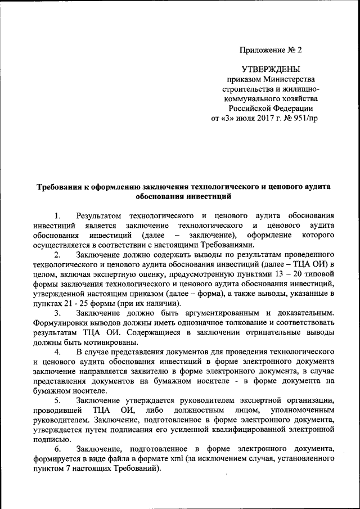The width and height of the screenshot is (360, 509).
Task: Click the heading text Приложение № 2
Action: click(271, 49)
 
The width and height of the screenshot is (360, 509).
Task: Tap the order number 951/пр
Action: click(303, 119)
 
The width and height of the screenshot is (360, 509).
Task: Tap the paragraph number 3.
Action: click(57, 313)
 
